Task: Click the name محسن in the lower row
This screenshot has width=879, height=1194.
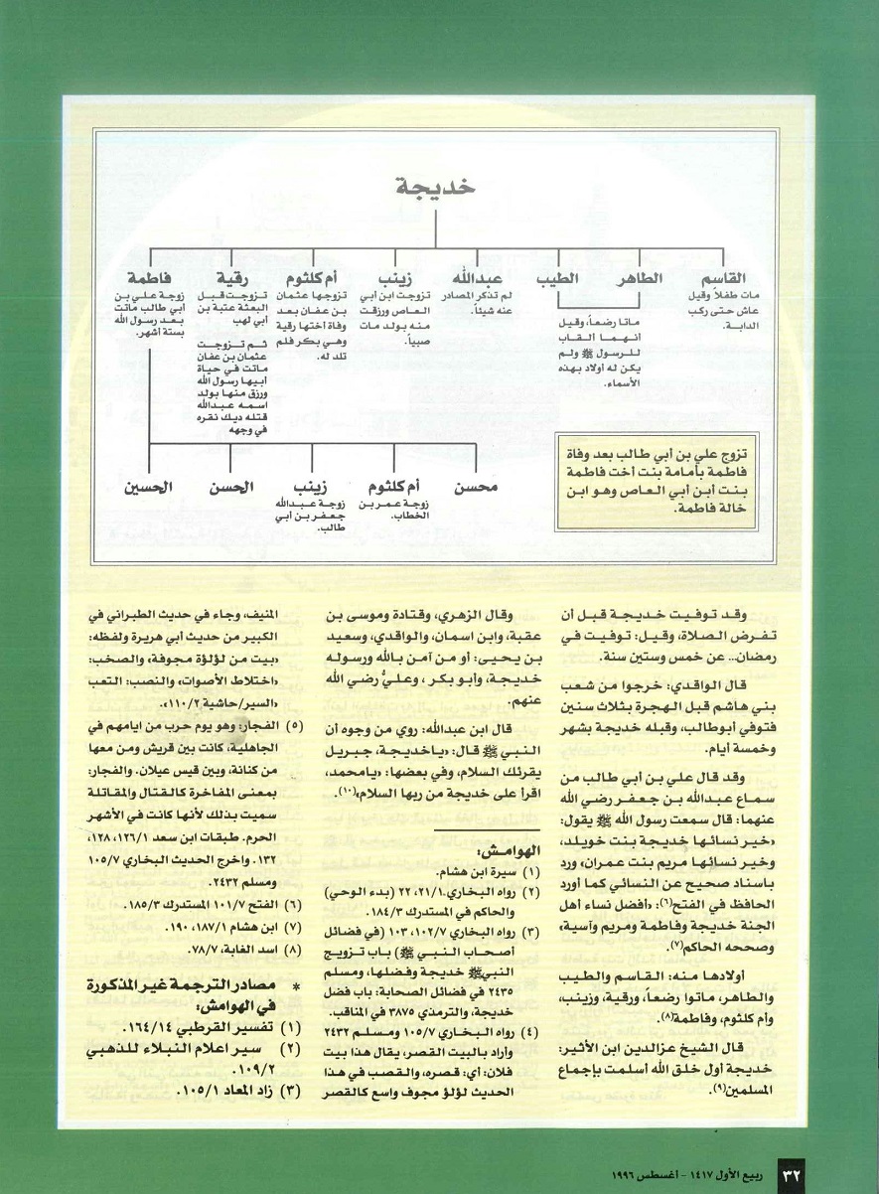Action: (475, 488)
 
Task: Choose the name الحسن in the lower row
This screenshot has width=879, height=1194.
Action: (230, 488)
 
